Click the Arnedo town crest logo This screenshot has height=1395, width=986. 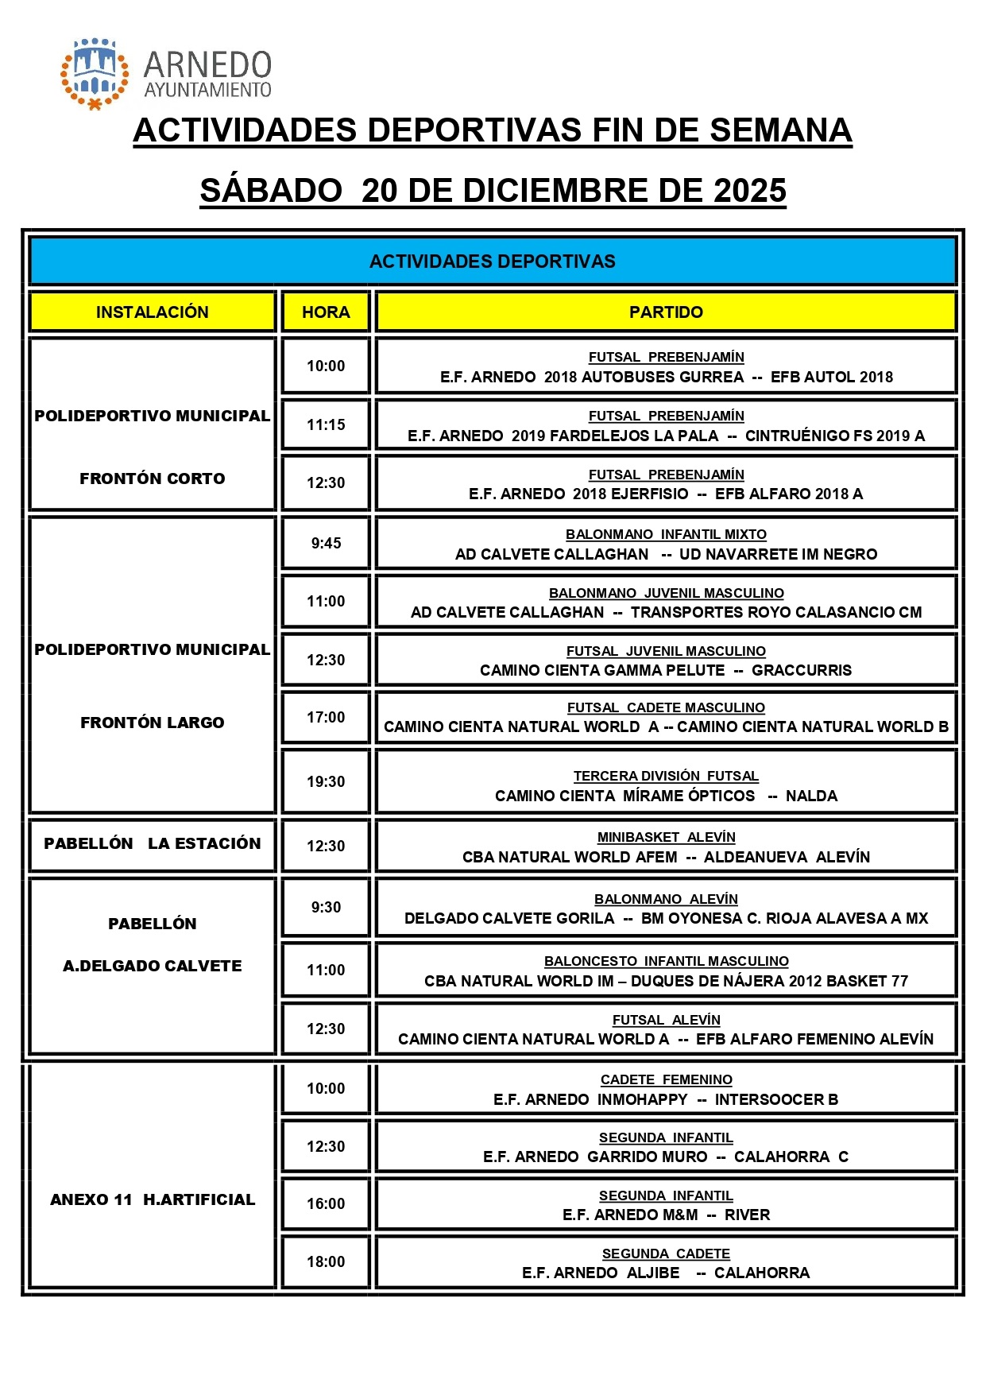click(x=95, y=73)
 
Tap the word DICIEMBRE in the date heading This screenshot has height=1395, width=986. click(x=555, y=191)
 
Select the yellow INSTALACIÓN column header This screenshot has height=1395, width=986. click(x=152, y=312)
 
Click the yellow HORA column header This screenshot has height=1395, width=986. click(x=326, y=312)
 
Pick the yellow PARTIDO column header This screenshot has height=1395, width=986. click(x=666, y=312)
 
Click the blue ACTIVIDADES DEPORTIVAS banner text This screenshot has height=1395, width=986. click(x=492, y=262)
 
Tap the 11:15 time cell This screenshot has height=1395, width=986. click(x=326, y=424)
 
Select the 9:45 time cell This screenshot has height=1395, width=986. click(x=326, y=543)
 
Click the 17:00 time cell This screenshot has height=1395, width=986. click(x=326, y=717)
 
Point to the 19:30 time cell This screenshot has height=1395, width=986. click(x=326, y=781)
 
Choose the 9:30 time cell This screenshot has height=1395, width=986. click(x=326, y=907)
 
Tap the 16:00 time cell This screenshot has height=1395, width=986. click(x=326, y=1203)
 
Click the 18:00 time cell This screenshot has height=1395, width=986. click(x=326, y=1261)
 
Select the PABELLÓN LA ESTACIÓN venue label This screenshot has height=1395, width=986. click(x=152, y=843)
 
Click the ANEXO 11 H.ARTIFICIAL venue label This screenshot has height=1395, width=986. click(x=152, y=1199)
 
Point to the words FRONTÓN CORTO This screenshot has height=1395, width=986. click(x=152, y=479)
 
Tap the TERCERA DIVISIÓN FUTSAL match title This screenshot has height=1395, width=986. click(x=666, y=776)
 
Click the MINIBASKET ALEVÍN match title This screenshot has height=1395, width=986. click(x=666, y=837)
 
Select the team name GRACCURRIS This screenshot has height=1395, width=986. click(x=801, y=670)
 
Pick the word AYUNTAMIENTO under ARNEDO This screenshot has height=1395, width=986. click(x=207, y=90)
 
